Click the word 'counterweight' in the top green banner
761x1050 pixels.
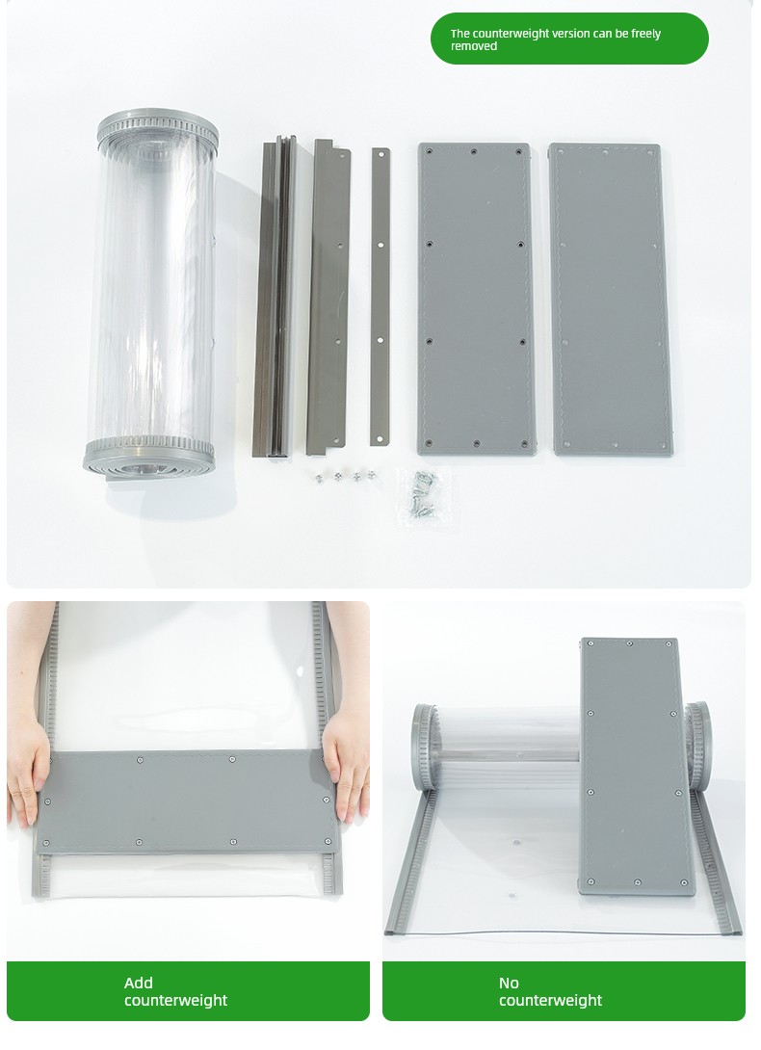511,34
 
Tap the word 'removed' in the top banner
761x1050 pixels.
474,46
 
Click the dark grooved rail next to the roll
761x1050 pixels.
275,297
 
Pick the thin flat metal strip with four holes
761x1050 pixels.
380,297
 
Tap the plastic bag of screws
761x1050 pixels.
424,496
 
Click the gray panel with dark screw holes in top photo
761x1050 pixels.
476,299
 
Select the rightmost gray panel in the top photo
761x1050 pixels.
611,300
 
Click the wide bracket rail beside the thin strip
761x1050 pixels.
328,297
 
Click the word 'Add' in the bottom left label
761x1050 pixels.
139,983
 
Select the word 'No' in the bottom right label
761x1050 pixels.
510,983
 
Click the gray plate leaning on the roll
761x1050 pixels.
637,767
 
